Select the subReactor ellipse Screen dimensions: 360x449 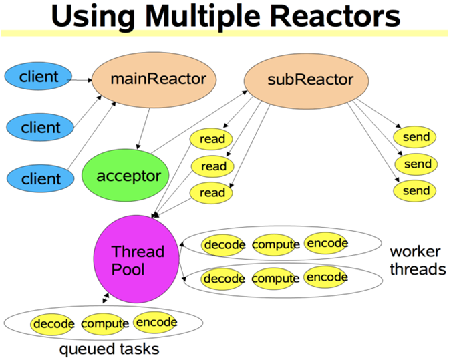[309, 81]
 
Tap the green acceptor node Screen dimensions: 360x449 [129, 176]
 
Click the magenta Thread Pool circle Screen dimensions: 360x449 [138, 261]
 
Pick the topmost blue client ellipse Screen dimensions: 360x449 [39, 76]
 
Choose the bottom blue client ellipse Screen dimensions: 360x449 [41, 178]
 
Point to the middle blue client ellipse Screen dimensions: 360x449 [41, 126]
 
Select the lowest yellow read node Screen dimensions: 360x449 [212, 193]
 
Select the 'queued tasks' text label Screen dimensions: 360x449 [109, 349]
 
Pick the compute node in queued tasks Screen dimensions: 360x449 [105, 324]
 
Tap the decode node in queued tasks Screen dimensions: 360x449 [53, 324]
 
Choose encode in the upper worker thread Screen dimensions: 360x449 [327, 243]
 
